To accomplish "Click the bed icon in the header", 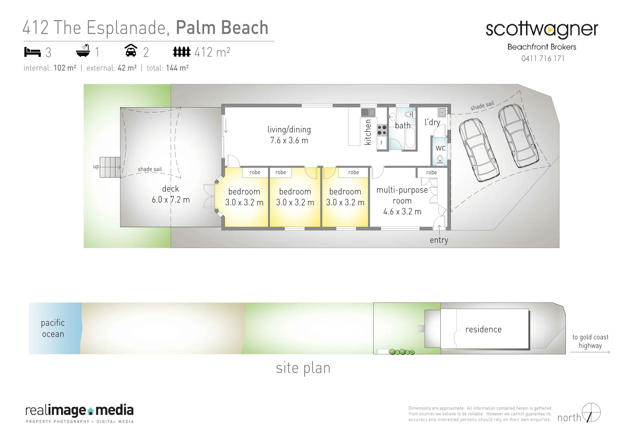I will click(x=32, y=52).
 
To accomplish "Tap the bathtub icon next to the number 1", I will click(x=83, y=51).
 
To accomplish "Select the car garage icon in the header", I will click(x=131, y=51).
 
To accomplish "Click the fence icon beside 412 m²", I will click(x=181, y=52).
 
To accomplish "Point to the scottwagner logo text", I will click(x=541, y=30).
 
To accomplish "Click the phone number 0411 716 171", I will click(x=543, y=59).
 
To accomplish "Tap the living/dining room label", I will click(x=289, y=135).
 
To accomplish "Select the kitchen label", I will click(x=368, y=132).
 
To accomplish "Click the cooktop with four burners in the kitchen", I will click(x=382, y=130).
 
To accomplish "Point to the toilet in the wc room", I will click(x=440, y=159).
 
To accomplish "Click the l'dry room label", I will click(x=432, y=122).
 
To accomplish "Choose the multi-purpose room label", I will click(x=402, y=201).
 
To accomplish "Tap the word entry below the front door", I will click(x=439, y=240).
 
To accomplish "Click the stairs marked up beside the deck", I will click(x=110, y=167).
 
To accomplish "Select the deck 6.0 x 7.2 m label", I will click(x=171, y=194).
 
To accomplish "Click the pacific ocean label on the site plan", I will click(x=53, y=328).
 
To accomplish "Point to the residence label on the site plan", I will click(x=483, y=329).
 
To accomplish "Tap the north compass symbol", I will click(x=591, y=412).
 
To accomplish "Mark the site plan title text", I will click(x=303, y=368).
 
